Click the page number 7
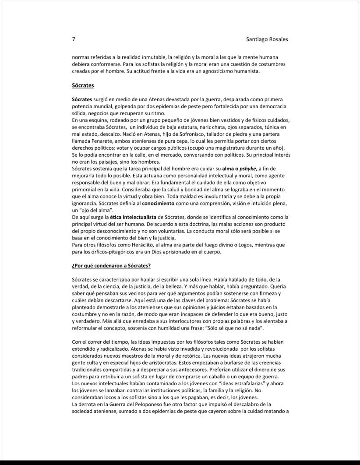click(x=74, y=39)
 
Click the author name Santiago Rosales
click(x=267, y=39)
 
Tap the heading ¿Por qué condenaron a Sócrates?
click(x=111, y=266)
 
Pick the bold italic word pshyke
click(x=247, y=168)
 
